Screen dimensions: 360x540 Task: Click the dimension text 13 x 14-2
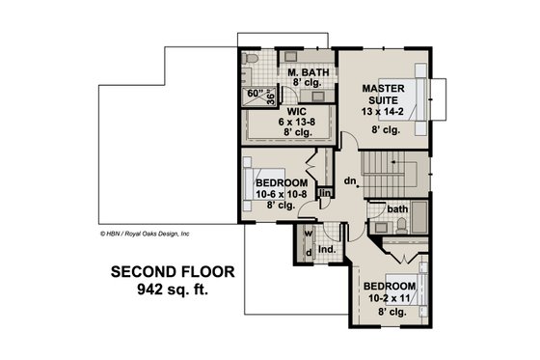(x=381, y=111)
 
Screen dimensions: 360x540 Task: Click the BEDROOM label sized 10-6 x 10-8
(x=282, y=182)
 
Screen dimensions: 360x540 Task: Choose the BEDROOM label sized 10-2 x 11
(x=390, y=287)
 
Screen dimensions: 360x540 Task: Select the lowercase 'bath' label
(x=397, y=209)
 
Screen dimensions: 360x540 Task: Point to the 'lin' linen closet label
(x=326, y=194)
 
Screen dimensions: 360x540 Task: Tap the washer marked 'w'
(x=308, y=234)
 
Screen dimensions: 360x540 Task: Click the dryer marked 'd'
(x=308, y=254)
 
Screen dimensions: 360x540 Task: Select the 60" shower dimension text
(x=255, y=94)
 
